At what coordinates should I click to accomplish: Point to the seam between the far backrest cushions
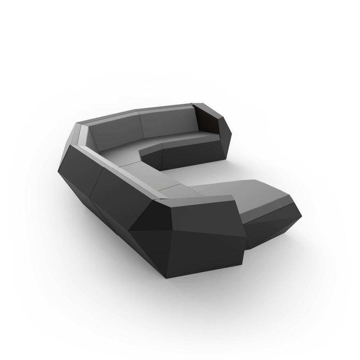coord(141,126)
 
